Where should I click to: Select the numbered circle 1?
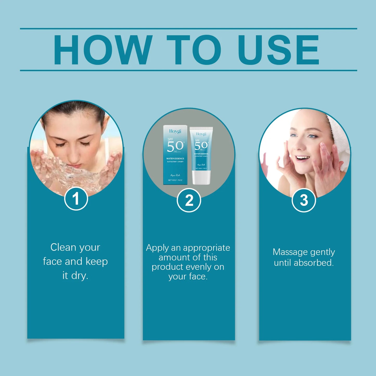(76, 199)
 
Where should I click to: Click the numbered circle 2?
(189, 200)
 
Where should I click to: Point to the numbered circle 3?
(304, 200)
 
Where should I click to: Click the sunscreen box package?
(175, 155)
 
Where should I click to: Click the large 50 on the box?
(175, 146)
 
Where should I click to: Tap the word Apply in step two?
(157, 248)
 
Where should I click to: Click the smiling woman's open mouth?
(302, 158)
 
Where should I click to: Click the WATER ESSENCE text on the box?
(175, 158)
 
